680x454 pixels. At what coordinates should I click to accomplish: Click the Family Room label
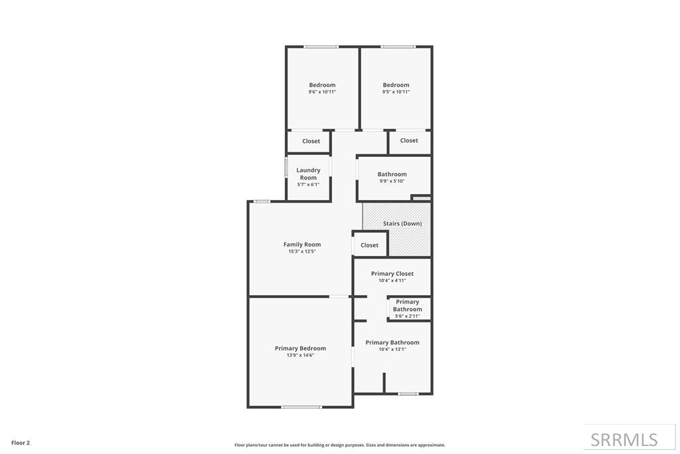tap(302, 245)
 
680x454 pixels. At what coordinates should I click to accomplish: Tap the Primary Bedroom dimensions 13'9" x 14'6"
tap(300, 355)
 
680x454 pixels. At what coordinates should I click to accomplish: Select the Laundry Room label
tap(308, 173)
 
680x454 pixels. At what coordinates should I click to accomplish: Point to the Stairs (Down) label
tap(402, 223)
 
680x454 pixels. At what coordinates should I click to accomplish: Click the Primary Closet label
tap(392, 273)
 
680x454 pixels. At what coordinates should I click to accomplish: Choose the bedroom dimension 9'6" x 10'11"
tap(322, 92)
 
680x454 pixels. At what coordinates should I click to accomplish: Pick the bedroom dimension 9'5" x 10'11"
tap(396, 92)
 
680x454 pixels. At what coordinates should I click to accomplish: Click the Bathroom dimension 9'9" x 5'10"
tap(392, 181)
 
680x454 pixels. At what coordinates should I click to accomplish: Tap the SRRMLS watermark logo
tap(624, 439)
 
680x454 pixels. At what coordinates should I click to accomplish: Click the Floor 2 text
tap(21, 443)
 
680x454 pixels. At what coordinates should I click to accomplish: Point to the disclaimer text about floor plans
tap(339, 445)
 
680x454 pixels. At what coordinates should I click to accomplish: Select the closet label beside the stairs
tap(369, 245)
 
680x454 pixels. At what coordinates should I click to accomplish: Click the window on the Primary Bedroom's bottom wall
tap(301, 407)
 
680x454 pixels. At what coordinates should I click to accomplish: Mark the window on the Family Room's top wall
tap(262, 201)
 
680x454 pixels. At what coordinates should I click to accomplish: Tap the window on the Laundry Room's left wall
tap(286, 167)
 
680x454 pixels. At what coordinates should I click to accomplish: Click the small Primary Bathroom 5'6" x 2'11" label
tap(407, 308)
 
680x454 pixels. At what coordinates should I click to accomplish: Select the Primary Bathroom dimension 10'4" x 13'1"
tap(392, 350)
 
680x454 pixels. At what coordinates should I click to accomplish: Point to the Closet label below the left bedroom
tap(311, 141)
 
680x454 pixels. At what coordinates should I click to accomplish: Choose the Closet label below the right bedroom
tap(409, 140)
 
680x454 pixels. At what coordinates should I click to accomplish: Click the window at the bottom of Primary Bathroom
tap(408, 394)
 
